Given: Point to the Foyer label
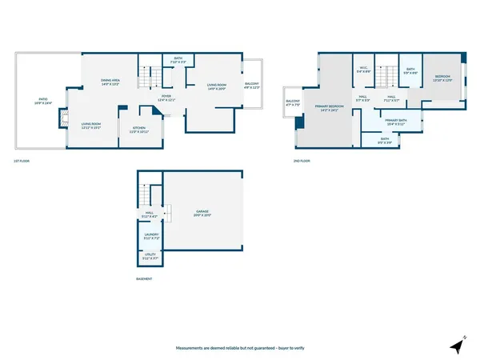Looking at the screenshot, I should click(x=166, y=98).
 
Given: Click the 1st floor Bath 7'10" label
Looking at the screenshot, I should click(x=178, y=59).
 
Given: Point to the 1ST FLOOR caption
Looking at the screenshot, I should click(x=22, y=162).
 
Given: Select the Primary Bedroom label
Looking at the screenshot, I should click(x=328, y=108).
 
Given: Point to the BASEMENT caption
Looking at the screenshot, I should click(x=144, y=278).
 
